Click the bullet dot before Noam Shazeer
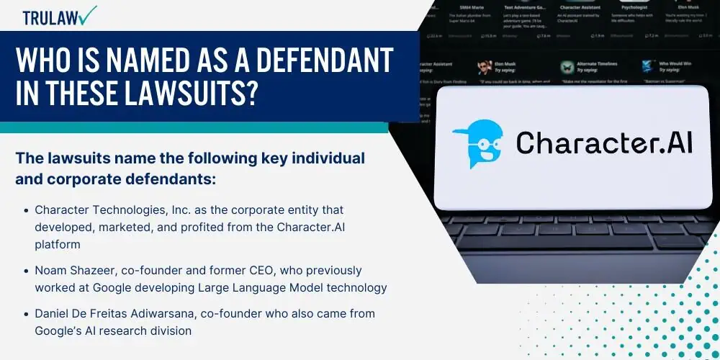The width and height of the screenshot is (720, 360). click(26, 271)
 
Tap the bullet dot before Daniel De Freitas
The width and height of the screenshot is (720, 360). click(26, 315)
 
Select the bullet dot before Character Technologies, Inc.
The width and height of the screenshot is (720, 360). click(26, 211)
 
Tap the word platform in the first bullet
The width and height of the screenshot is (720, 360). click(58, 245)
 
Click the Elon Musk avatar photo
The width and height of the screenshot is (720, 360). click(484, 68)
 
